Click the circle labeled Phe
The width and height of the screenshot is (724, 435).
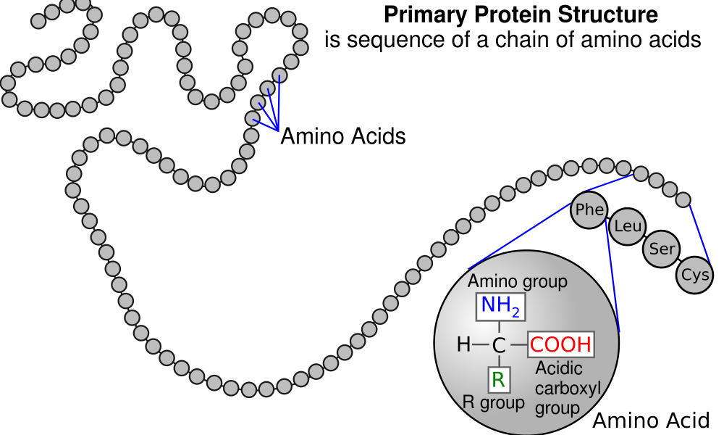pos(589,210)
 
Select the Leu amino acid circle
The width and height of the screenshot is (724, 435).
pos(627,226)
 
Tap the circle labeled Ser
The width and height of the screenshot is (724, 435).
pos(662,249)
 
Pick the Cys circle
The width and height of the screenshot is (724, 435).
pos(695,275)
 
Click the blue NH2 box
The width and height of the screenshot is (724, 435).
pos(501,307)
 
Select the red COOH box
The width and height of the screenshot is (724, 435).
pos(560,344)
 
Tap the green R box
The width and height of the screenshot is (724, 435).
pos(499,379)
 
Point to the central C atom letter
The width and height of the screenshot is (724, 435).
pos(499,345)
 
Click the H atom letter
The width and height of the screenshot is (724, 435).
pos(463,345)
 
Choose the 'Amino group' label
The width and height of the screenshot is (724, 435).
pos(517,281)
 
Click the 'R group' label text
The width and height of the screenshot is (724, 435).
pos(494,402)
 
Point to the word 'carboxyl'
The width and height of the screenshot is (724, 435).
pos(568,389)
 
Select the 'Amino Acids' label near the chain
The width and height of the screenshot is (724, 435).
pos(343,136)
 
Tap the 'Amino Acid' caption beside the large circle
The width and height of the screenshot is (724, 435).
pos(651,420)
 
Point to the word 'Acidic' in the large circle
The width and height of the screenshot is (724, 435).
pos(559,368)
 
